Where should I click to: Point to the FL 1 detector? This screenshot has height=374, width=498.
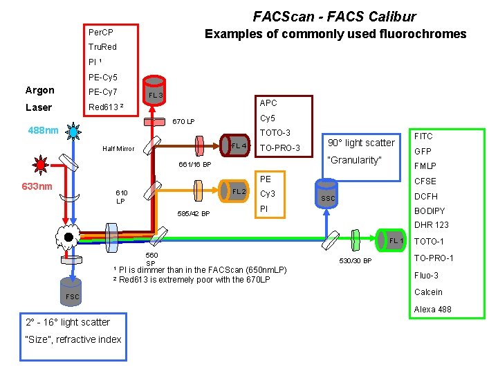(x=395, y=240)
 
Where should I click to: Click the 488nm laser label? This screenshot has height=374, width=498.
(x=43, y=130)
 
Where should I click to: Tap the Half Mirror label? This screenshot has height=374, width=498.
(x=118, y=149)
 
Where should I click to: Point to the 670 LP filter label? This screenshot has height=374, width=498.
(x=183, y=122)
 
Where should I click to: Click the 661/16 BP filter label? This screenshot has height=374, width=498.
(x=194, y=165)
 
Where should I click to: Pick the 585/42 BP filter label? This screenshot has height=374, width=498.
(x=194, y=213)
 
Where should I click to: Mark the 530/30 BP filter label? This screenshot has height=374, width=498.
(x=355, y=261)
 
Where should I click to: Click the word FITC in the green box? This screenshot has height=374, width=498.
(x=423, y=136)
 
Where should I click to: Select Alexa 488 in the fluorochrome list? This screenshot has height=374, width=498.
(x=432, y=310)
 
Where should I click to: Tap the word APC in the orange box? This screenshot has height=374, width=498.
(x=268, y=103)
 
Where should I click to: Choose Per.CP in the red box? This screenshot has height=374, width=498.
(x=101, y=33)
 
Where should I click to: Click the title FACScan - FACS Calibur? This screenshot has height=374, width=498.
(x=334, y=16)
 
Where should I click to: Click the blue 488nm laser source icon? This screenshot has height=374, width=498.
(x=73, y=131)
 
